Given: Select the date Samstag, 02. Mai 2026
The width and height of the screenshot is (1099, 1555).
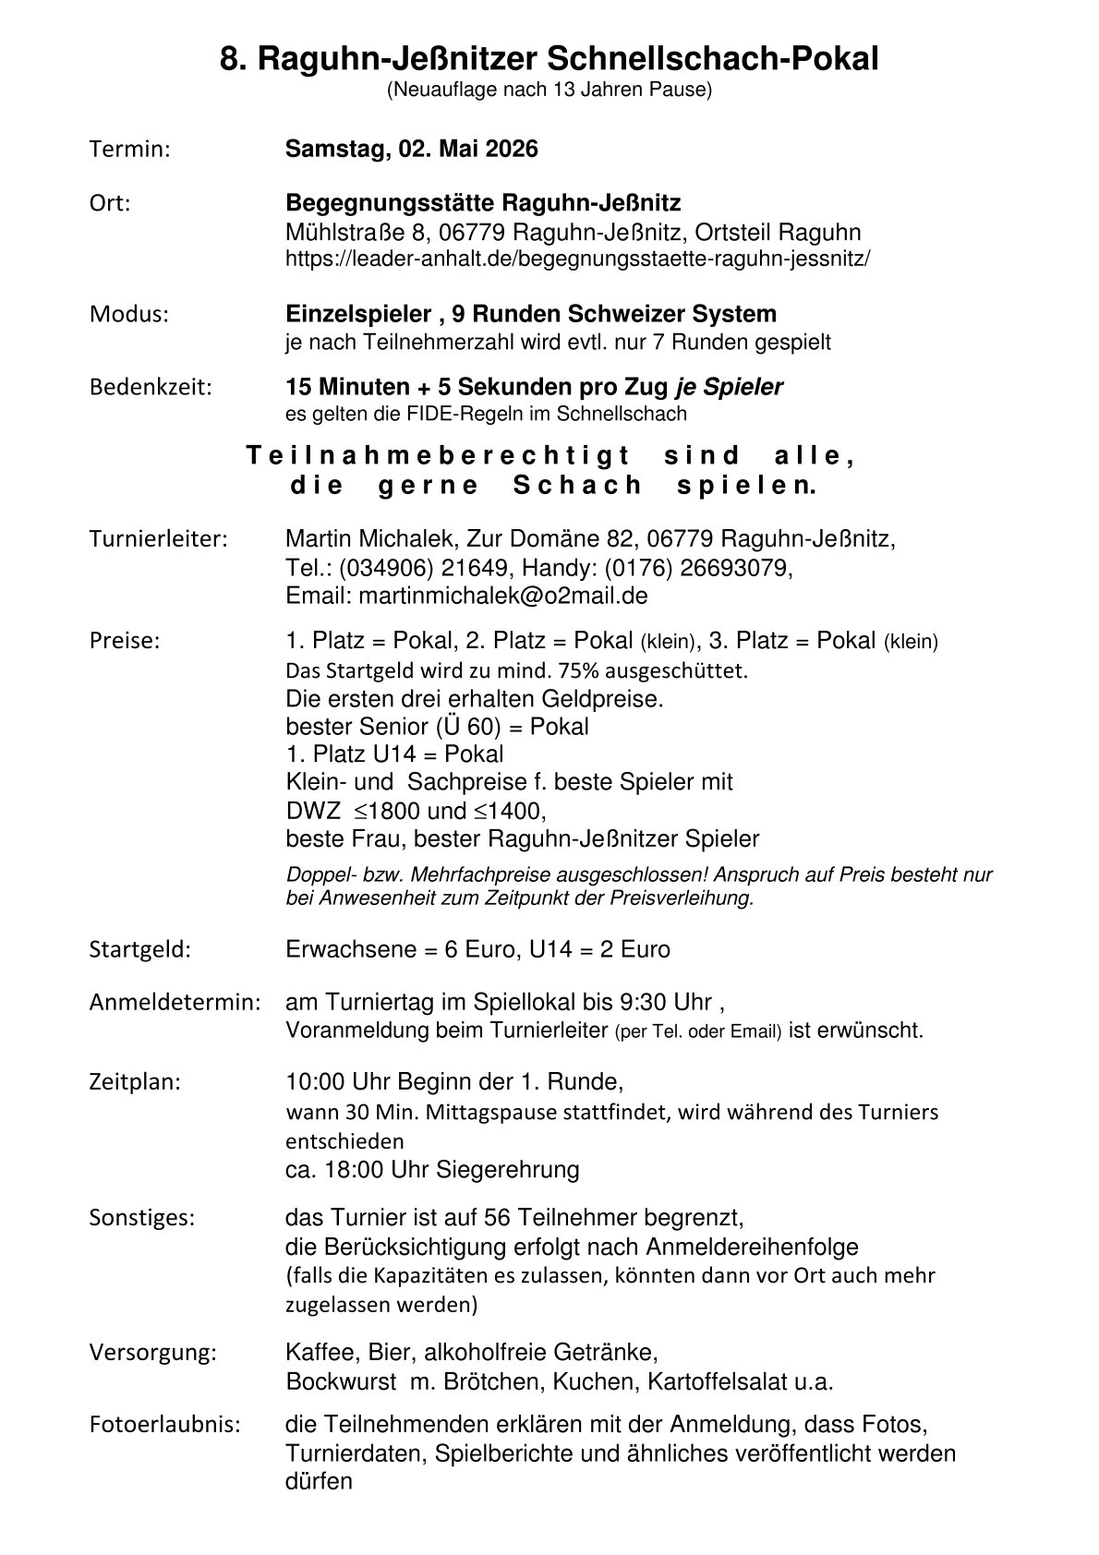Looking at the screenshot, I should pyautogui.click(x=411, y=150).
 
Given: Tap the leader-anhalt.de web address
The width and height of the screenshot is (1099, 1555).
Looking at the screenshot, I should pyautogui.click(x=577, y=259).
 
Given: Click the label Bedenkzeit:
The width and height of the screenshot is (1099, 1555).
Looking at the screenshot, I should pyautogui.click(x=150, y=387).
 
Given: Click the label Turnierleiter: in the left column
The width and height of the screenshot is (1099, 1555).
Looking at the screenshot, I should pyautogui.click(x=158, y=538).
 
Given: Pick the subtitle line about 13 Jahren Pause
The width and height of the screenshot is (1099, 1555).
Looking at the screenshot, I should pyautogui.click(x=549, y=90).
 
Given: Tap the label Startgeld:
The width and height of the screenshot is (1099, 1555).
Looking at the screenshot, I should pyautogui.click(x=139, y=949).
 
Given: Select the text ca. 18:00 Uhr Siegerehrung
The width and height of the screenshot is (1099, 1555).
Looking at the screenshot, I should pyautogui.click(x=432, y=1170).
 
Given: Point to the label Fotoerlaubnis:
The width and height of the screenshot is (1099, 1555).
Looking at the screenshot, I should pyautogui.click(x=164, y=1424).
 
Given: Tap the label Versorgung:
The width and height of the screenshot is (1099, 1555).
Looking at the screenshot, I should pyautogui.click(x=152, y=1354).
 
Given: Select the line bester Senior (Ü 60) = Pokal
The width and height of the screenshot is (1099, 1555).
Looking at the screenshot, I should pyautogui.click(x=437, y=727).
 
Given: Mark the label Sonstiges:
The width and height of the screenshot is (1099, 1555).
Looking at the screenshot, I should pyautogui.click(x=142, y=1217).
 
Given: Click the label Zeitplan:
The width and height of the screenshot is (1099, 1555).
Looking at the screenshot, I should pyautogui.click(x=135, y=1081).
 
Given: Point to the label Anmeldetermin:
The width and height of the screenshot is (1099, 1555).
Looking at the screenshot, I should pyautogui.click(x=175, y=1002).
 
